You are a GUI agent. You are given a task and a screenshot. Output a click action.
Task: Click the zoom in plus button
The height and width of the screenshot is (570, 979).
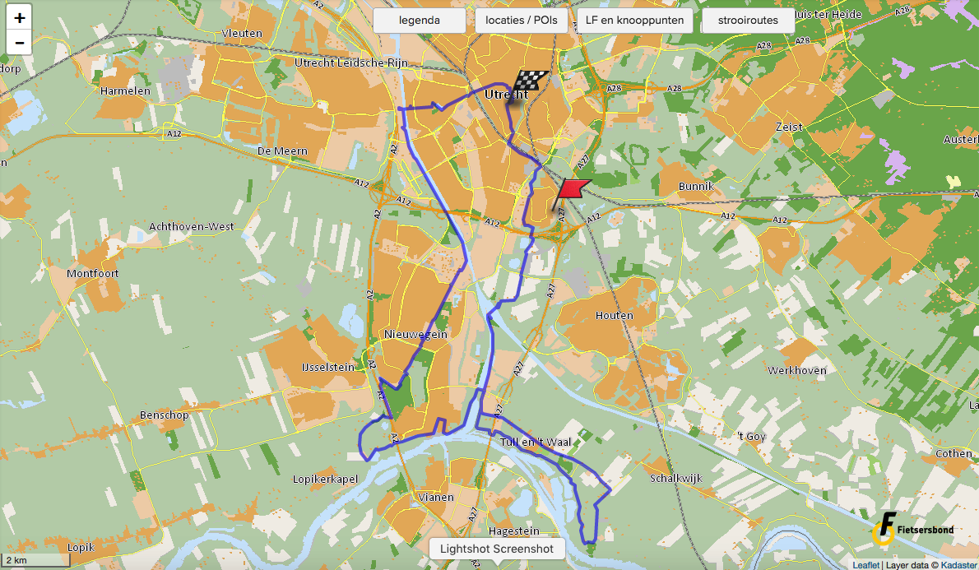tap(19, 17)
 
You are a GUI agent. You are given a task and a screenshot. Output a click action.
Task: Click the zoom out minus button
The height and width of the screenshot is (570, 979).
tap(19, 42)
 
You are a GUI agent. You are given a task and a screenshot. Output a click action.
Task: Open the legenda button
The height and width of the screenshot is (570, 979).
tap(420, 21)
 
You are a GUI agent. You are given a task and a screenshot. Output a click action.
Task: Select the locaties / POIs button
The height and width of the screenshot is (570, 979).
tap(522, 21)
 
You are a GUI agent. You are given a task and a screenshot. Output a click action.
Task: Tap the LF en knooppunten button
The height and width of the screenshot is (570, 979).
tap(634, 21)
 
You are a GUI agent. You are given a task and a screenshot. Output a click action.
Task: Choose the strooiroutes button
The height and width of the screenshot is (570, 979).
tap(748, 21)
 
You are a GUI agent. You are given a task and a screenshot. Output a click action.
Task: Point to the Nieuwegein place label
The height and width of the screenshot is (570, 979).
tap(415, 335)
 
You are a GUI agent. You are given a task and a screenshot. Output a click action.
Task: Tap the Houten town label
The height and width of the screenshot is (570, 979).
tap(615, 315)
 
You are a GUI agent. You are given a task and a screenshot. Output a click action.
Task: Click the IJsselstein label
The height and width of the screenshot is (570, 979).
tap(327, 367)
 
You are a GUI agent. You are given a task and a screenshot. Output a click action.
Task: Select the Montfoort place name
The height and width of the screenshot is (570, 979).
tap(93, 273)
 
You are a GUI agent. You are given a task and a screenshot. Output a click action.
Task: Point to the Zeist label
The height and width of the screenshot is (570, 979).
tap(789, 127)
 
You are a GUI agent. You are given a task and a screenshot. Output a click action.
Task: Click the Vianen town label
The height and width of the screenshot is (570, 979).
tap(436, 497)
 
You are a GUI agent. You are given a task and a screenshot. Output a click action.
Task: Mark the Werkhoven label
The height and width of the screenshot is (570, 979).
tap(797, 370)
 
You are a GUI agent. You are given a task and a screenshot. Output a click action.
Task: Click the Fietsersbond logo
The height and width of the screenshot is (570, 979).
tap(912, 529)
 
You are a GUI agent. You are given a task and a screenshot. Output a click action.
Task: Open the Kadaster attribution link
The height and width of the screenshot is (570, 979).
tap(958, 565)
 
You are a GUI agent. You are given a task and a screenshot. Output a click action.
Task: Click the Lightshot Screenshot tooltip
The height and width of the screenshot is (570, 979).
tap(496, 549)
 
